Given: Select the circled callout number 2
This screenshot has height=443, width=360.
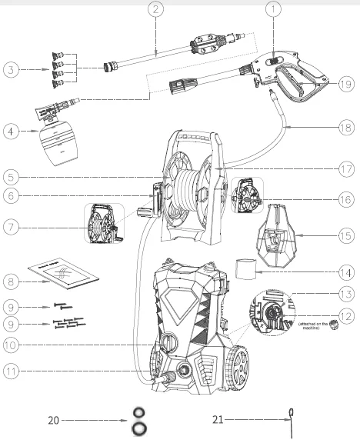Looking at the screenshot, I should (156, 10).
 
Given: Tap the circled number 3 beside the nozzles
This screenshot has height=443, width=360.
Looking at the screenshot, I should (11, 70).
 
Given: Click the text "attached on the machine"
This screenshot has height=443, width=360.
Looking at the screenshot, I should (317, 325).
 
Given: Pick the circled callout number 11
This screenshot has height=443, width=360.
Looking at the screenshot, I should (11, 371).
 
